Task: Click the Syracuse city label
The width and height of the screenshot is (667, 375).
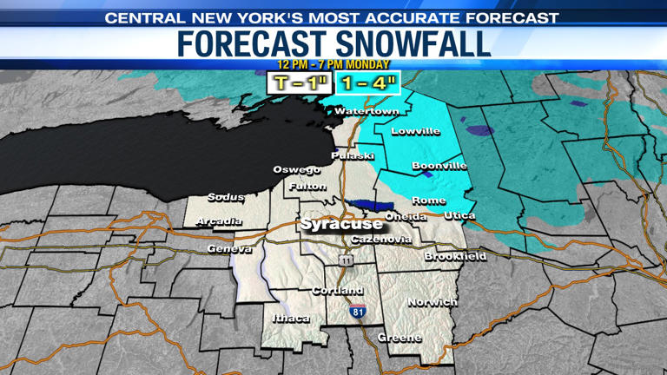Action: tap(341, 224)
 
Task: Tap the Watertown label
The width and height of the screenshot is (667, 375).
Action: tap(367, 112)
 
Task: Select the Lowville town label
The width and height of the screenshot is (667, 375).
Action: tap(416, 132)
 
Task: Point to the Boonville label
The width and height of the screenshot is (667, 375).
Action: tap(439, 166)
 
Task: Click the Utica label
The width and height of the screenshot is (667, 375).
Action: tap(459, 214)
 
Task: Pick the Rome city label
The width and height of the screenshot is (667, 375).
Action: tap(429, 201)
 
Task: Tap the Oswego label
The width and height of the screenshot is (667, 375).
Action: tap(296, 169)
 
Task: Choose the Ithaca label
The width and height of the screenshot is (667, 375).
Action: tap(291, 319)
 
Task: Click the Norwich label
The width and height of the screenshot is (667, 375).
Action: tap(432, 302)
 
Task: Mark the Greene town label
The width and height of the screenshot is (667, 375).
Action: tap(400, 338)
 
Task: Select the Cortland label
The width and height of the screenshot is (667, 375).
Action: tap(337, 290)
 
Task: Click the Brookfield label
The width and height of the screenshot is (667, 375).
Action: tap(455, 257)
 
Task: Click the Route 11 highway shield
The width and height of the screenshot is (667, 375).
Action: tap(347, 260)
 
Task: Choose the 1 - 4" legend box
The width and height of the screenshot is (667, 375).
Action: tap(367, 84)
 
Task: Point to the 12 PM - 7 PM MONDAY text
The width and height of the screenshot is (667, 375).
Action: tap(333, 64)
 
